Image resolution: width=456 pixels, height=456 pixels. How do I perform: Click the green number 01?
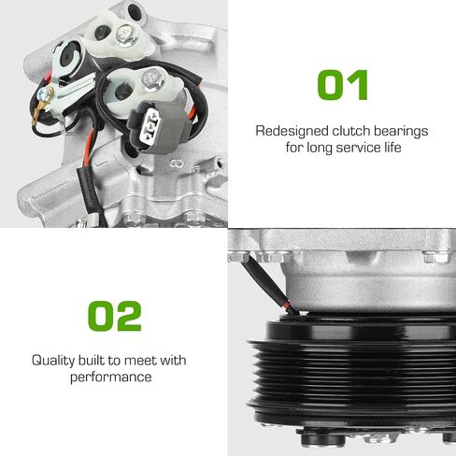342,85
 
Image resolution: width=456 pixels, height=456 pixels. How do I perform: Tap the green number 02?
115,316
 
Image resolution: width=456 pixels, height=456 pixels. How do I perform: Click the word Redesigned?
292,131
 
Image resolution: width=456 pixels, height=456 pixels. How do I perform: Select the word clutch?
350,131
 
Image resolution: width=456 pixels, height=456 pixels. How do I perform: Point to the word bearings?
401,132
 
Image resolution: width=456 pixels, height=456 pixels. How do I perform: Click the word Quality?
53,361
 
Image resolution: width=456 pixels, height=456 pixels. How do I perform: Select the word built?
92,360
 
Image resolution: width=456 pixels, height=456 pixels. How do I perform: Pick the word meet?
140,361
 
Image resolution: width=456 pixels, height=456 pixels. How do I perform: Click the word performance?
111,378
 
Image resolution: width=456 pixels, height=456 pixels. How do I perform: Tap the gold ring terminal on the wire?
38,113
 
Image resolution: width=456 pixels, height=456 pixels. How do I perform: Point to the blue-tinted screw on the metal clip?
45,93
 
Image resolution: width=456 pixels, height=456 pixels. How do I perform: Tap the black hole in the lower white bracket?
123,92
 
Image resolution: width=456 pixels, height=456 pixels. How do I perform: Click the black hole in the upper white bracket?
102,33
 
